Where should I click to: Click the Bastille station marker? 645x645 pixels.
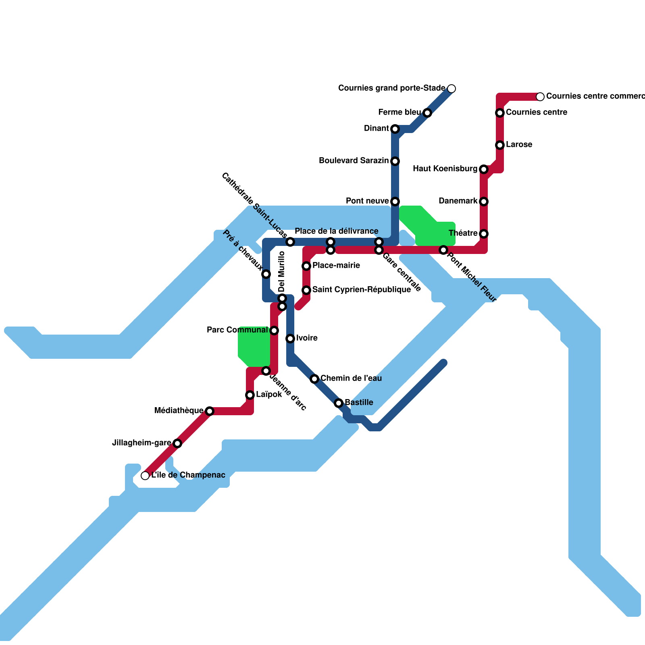[x=339, y=403]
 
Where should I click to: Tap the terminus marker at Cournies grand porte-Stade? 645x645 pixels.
[x=451, y=89]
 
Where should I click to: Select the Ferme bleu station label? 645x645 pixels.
[x=399, y=112]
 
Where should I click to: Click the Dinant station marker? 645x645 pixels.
[x=395, y=129]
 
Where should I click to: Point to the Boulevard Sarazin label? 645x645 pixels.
[x=354, y=161]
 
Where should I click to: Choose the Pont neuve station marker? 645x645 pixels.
[x=395, y=202]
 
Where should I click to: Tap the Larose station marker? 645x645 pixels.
[x=500, y=145]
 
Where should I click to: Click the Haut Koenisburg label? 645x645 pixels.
[x=445, y=169]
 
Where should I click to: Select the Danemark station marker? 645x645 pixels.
[x=484, y=202]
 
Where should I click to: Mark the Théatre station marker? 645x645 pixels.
[x=484, y=234]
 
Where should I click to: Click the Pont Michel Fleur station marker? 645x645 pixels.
[x=443, y=250]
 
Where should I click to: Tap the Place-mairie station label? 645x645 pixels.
[x=336, y=266]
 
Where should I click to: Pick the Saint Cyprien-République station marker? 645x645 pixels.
[x=306, y=290]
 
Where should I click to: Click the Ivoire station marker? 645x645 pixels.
[x=290, y=339]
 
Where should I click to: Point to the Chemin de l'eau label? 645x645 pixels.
[x=351, y=379]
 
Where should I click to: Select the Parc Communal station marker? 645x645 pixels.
[x=274, y=331]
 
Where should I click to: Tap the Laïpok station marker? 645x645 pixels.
[x=250, y=395]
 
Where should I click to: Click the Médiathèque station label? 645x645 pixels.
[x=179, y=411]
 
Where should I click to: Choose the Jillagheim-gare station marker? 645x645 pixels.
[x=177, y=443]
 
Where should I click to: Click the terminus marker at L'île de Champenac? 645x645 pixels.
[x=145, y=476]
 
